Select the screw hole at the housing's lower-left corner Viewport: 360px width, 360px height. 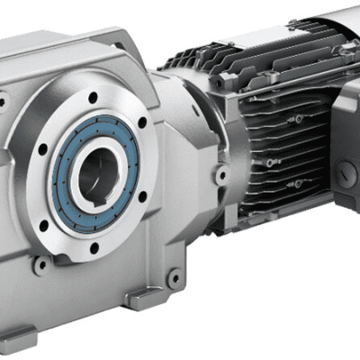tap(40, 265)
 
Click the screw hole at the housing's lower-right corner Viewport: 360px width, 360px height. tap(173, 278)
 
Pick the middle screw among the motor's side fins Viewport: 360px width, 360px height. tap(270, 163)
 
